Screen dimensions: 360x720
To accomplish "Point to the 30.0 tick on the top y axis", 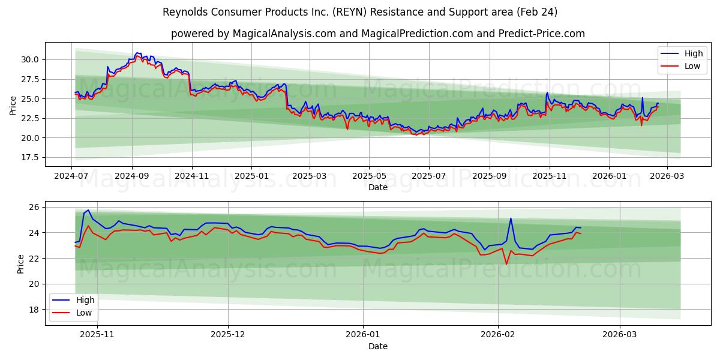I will point(30,59).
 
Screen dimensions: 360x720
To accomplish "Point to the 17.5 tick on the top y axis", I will point(30,157).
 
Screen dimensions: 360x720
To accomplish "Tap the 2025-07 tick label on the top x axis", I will point(428,176).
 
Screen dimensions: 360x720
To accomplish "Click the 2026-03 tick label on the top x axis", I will point(666,176).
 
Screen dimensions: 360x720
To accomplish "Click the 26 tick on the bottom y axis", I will point(34,207).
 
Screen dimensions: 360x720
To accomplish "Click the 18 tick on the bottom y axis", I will point(34,310).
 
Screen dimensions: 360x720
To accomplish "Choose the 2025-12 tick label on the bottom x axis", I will point(228,335).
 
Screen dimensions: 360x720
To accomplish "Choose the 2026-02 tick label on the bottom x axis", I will point(499,335).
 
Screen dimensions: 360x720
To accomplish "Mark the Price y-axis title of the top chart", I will point(13,104).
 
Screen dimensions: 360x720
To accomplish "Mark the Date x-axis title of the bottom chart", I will point(378,346).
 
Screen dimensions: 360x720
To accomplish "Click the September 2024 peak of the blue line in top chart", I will point(138,53).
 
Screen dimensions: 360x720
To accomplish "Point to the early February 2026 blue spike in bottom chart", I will point(511,218).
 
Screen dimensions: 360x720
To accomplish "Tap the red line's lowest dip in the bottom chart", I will point(506,264).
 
